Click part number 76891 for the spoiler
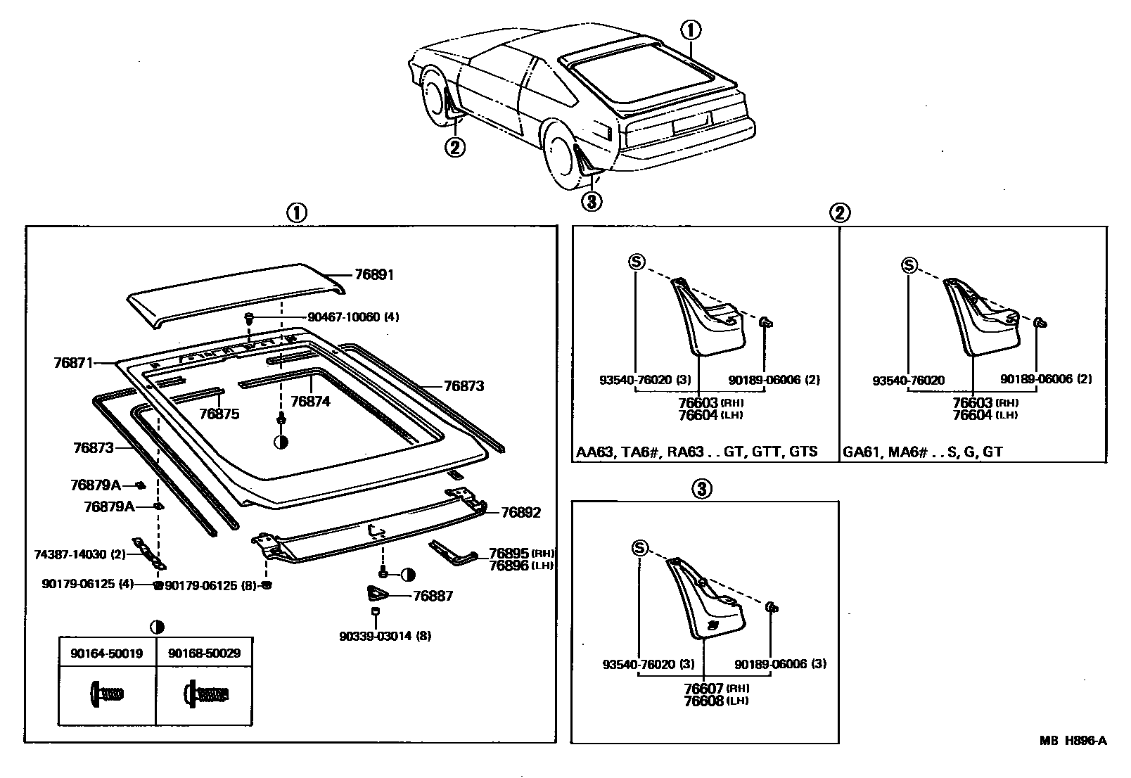pos(374,275)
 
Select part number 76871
pos(73,363)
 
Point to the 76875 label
pos(219,414)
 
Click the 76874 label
pos(310,401)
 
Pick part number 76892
pos(520,513)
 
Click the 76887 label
pos(433,597)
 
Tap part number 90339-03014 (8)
pos(385,636)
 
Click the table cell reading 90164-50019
pos(106,653)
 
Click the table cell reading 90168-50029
pos(204,653)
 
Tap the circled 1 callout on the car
pos(690,30)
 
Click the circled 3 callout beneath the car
pos(592,202)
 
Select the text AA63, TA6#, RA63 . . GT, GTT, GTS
pos(697,452)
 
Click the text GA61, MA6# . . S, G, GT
pos(922,452)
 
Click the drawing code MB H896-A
pos(1073,740)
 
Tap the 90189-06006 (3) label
pos(781,664)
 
